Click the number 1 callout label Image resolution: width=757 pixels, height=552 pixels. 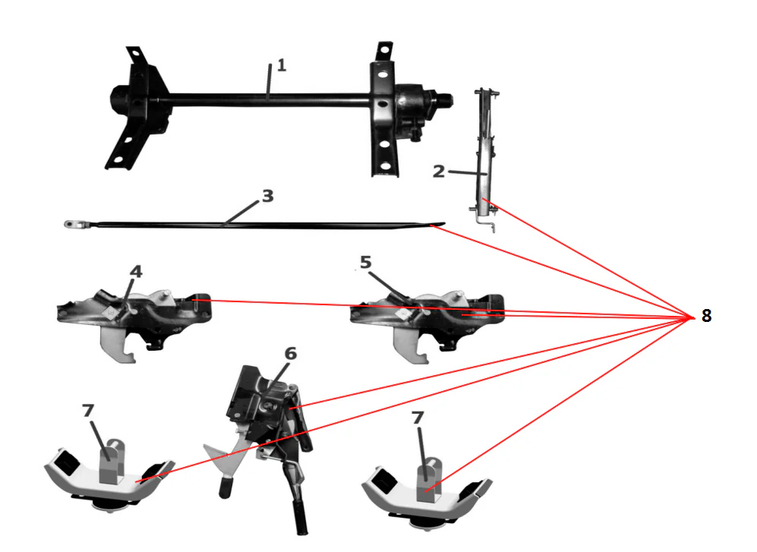pyautogui.click(x=281, y=65)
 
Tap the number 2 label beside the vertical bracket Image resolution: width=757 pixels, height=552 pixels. pyautogui.click(x=438, y=171)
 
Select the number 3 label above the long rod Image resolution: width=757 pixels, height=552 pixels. pyautogui.click(x=267, y=196)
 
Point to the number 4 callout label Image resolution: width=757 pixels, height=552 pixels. pyautogui.click(x=135, y=271)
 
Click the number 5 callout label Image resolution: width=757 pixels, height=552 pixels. pyautogui.click(x=365, y=263)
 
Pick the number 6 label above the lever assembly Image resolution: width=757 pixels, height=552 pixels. pyautogui.click(x=291, y=354)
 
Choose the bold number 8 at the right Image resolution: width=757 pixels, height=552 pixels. pyautogui.click(x=706, y=316)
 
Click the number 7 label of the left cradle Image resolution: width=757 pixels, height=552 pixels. pyautogui.click(x=89, y=411)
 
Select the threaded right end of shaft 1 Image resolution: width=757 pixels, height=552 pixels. pyautogui.click(x=444, y=98)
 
